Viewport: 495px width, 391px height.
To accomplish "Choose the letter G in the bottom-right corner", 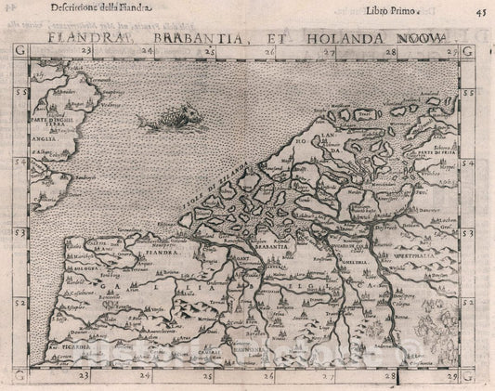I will click(470, 375).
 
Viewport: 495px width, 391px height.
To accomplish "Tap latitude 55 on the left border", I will click(20, 94).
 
